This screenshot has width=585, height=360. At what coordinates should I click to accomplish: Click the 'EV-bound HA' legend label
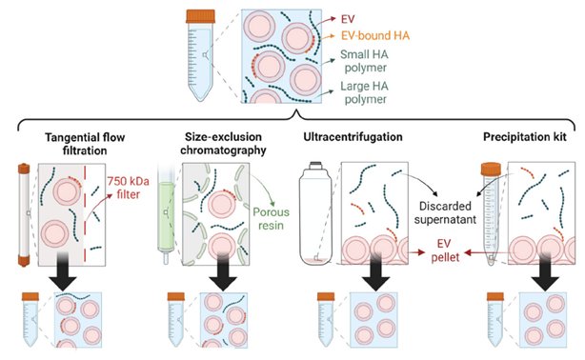[x=375, y=35]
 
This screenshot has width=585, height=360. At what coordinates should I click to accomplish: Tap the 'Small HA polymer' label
[x=364, y=61]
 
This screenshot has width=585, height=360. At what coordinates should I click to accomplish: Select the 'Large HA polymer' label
[x=364, y=92]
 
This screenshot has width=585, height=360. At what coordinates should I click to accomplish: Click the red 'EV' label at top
[x=348, y=19]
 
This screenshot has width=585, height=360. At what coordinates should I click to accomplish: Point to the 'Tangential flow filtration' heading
[x=85, y=144]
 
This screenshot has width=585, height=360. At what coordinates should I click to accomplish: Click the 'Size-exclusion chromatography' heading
[x=223, y=144]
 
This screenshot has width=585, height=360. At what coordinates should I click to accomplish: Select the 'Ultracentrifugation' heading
[x=353, y=137]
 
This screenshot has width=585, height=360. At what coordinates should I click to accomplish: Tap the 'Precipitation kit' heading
[x=525, y=137]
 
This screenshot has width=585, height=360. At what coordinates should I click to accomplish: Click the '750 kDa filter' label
[x=128, y=188]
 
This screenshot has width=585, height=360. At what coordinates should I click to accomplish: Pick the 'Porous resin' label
[x=271, y=219]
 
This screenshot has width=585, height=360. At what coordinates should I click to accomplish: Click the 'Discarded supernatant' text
[x=445, y=212]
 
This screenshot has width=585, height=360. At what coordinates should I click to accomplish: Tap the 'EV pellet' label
[x=444, y=250]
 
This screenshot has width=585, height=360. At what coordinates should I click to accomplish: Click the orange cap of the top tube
[x=201, y=16]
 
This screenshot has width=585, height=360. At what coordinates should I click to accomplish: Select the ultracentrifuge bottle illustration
[x=315, y=213]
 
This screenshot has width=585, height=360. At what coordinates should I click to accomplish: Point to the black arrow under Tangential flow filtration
[x=62, y=271]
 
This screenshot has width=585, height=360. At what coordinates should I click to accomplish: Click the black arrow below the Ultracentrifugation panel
[x=375, y=271]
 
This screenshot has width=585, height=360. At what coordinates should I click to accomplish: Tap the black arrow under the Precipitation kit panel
[x=545, y=271]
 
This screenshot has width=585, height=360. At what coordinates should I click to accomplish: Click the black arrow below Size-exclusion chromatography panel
[x=223, y=271]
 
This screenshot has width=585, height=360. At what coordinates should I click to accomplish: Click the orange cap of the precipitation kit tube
[x=491, y=169]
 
